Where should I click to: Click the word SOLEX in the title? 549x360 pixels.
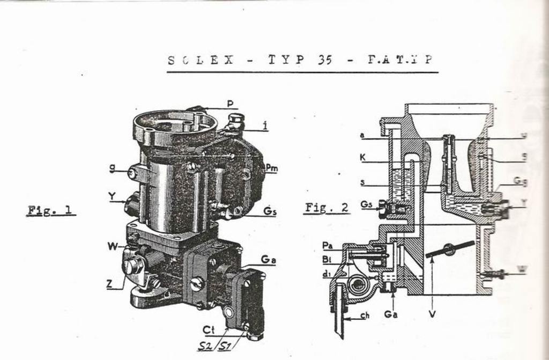pos(201,60)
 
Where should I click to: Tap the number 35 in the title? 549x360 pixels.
pos(324,60)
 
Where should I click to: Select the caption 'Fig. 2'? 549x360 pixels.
pos(327,207)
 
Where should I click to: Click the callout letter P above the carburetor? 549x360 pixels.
pos(229,103)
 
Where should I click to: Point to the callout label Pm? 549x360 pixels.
pos(272,168)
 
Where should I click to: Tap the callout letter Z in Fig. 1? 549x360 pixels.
pos(109,284)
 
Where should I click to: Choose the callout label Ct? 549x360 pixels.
pos(209,329)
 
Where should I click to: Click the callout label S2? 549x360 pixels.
pos(204,346)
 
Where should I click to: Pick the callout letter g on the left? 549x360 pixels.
pos(112,168)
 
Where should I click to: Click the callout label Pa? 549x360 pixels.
pos(328,245)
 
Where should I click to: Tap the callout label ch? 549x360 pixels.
pos(365,315)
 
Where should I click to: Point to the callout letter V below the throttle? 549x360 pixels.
pos(432,313)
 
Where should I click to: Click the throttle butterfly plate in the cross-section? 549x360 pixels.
pos(450,249)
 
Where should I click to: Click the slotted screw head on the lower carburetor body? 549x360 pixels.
pos(197,283)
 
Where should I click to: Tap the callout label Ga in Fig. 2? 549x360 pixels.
pos(391,314)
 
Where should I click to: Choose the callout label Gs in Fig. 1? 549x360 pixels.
pos(270,211)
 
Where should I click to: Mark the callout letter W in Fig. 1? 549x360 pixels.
pos(112,246)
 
